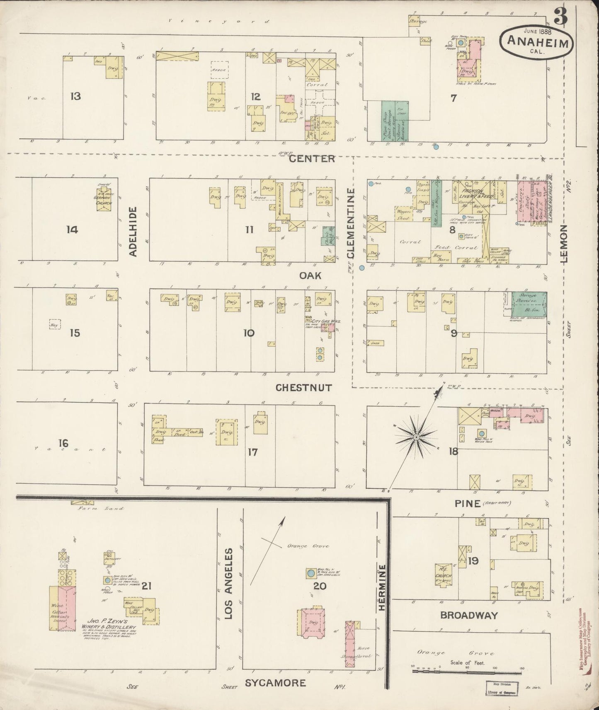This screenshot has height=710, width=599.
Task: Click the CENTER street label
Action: click(x=318, y=159)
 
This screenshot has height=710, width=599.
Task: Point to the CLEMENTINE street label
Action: click(x=351, y=224)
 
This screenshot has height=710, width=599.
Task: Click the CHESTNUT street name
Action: click(x=304, y=388)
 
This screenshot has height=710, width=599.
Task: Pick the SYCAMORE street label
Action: click(x=275, y=683)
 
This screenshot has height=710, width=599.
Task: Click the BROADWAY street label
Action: click(x=468, y=615)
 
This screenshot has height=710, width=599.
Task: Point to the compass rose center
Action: click(x=416, y=437)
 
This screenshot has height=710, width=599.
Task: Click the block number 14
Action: click(x=72, y=229)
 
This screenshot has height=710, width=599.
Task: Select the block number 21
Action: click(x=146, y=586)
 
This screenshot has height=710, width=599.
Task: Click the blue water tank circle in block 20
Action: click(x=310, y=574)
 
